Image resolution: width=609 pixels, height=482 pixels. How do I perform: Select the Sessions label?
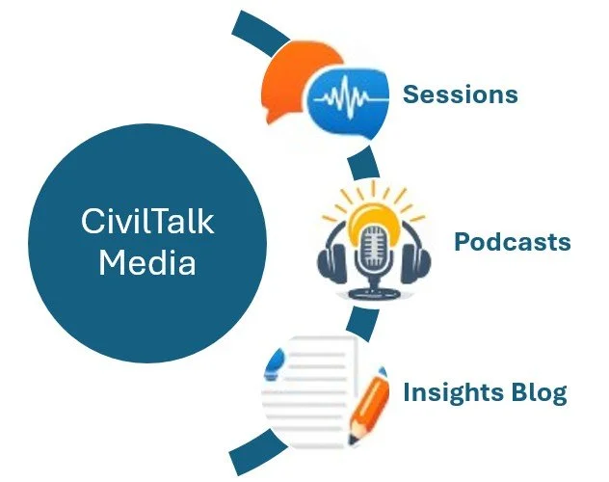click(x=460, y=94)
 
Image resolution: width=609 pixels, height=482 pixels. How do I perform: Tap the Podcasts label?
click(x=512, y=241)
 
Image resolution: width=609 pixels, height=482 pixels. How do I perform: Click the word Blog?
click(x=541, y=393)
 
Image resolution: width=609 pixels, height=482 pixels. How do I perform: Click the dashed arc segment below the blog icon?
click(x=249, y=452)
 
